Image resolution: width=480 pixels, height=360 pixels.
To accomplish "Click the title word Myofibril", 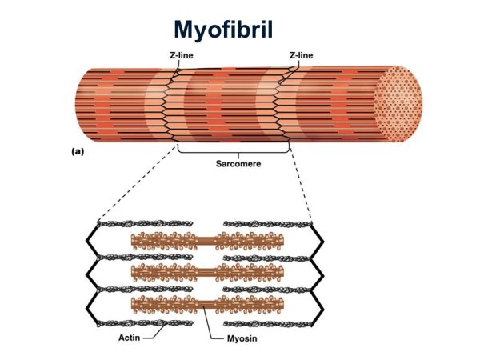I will pos(224,30).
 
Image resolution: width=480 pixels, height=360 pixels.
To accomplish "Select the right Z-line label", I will pos(301,54).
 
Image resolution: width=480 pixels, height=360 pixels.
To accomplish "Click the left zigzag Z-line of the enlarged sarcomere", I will pos(90,272).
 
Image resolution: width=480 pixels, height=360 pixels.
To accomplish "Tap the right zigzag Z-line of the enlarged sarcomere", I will pos(318,272).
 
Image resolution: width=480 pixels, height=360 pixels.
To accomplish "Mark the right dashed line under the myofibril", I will pos(299,182).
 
